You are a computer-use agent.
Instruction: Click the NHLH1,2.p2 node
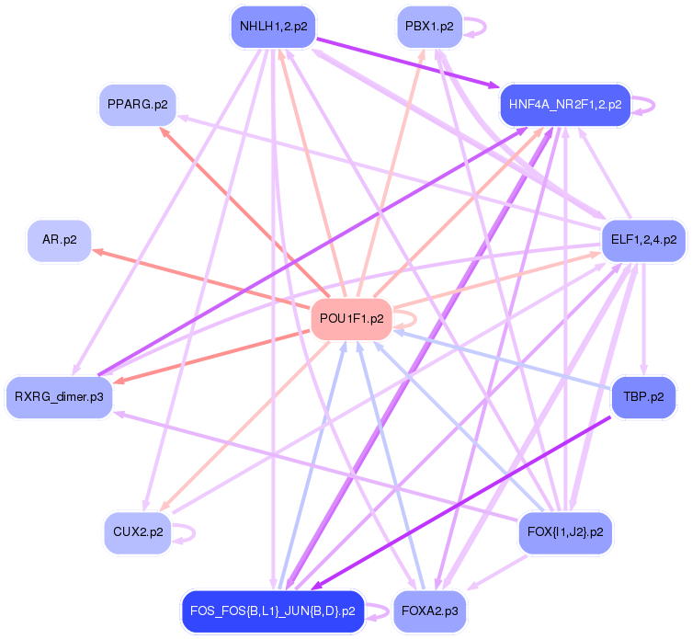(272, 27)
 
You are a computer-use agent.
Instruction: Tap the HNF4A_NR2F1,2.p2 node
(564, 104)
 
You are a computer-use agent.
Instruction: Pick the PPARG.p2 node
(137, 104)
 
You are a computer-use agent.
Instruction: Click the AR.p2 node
(59, 240)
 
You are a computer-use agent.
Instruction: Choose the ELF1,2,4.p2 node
(642, 240)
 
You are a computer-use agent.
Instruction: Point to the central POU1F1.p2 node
(351, 319)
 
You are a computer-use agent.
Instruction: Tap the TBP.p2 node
(642, 397)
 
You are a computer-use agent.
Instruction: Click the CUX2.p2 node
(137, 531)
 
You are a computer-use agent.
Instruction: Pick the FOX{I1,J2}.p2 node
(564, 531)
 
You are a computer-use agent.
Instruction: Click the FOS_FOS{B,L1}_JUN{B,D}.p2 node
(272, 610)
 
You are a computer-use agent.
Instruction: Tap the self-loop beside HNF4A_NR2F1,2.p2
(645, 104)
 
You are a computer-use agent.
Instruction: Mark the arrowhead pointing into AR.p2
(96, 250)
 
